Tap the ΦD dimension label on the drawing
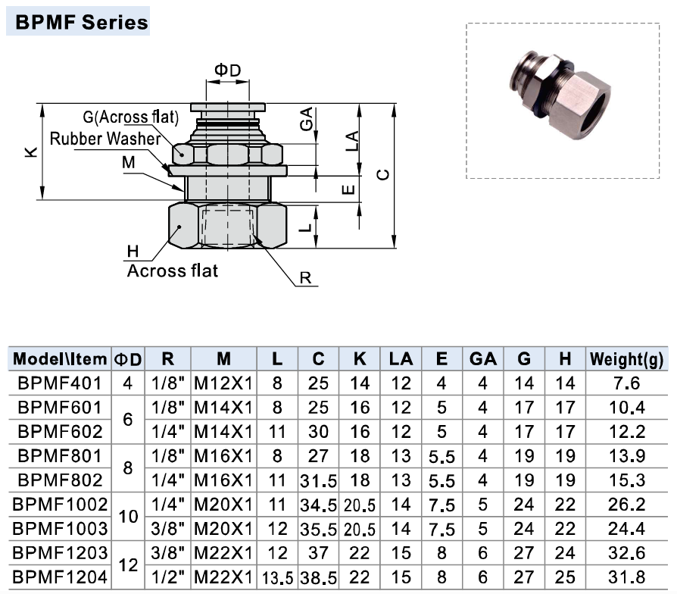coord(227,70)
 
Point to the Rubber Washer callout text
coord(105,139)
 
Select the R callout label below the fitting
coord(305,278)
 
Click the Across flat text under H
coord(172,270)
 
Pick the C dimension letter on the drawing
coord(384,175)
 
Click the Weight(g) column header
coord(626,358)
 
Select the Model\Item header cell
coord(60,358)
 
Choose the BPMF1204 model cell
coord(60,578)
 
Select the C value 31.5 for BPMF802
coord(319,480)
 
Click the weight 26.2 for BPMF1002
coord(626,505)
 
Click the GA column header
coord(482,358)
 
